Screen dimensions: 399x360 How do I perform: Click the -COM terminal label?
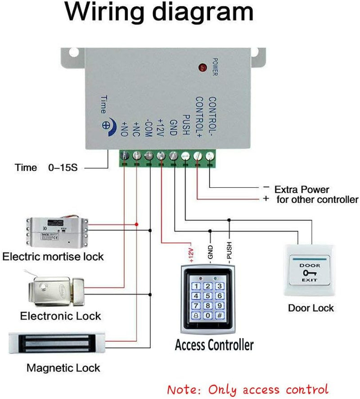point(149,130)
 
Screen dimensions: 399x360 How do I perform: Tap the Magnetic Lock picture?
point(58,344)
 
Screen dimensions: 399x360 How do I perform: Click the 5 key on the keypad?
point(207,296)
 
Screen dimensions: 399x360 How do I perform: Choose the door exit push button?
point(309,270)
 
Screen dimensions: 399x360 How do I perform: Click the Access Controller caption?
point(214,345)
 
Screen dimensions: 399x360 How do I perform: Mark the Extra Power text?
point(301,190)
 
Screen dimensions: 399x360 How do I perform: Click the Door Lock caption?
point(311,308)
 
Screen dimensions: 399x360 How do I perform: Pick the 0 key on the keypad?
point(207,316)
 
